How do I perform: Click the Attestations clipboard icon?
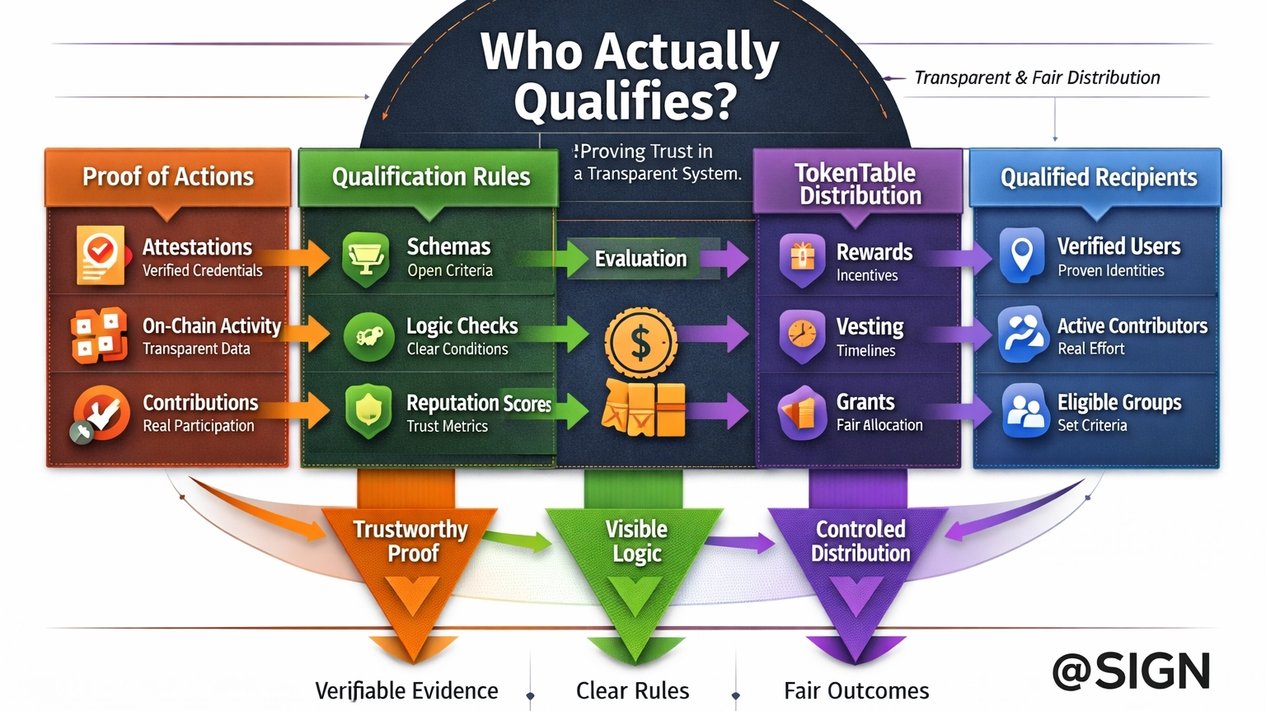[x=101, y=255]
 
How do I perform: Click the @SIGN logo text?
[x=1131, y=671]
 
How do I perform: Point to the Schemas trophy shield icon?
[x=365, y=258]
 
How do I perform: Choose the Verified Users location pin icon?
[x=1022, y=255]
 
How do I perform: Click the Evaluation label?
[x=640, y=259]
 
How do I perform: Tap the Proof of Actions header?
[x=168, y=176]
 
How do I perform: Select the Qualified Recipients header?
[x=1098, y=177]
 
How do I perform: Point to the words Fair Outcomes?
[x=856, y=690]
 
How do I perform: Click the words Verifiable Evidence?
[x=406, y=690]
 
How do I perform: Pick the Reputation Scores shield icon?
[x=368, y=410]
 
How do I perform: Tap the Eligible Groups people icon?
[x=1025, y=410]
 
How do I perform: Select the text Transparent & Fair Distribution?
[x=1037, y=77]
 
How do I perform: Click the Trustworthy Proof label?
[x=410, y=540]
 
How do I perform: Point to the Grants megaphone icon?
[x=801, y=412]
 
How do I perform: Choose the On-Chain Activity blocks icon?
[x=99, y=335]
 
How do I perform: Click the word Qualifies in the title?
[x=625, y=101]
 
